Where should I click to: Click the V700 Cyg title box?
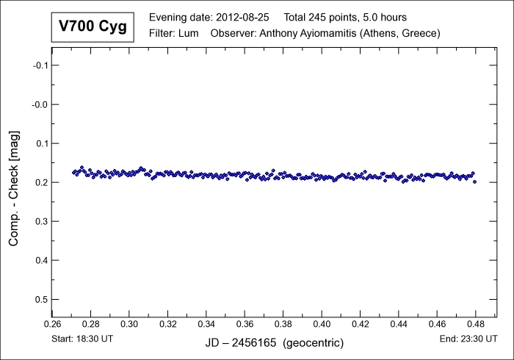coord(93,27)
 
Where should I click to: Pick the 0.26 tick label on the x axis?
coord(52,323)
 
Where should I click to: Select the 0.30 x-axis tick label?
coord(129,323)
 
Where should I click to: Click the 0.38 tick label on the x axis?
coord(283,323)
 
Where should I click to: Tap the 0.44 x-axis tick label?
coord(399,323)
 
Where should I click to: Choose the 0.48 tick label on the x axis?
coord(476,323)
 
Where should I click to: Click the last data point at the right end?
coord(475,181)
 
